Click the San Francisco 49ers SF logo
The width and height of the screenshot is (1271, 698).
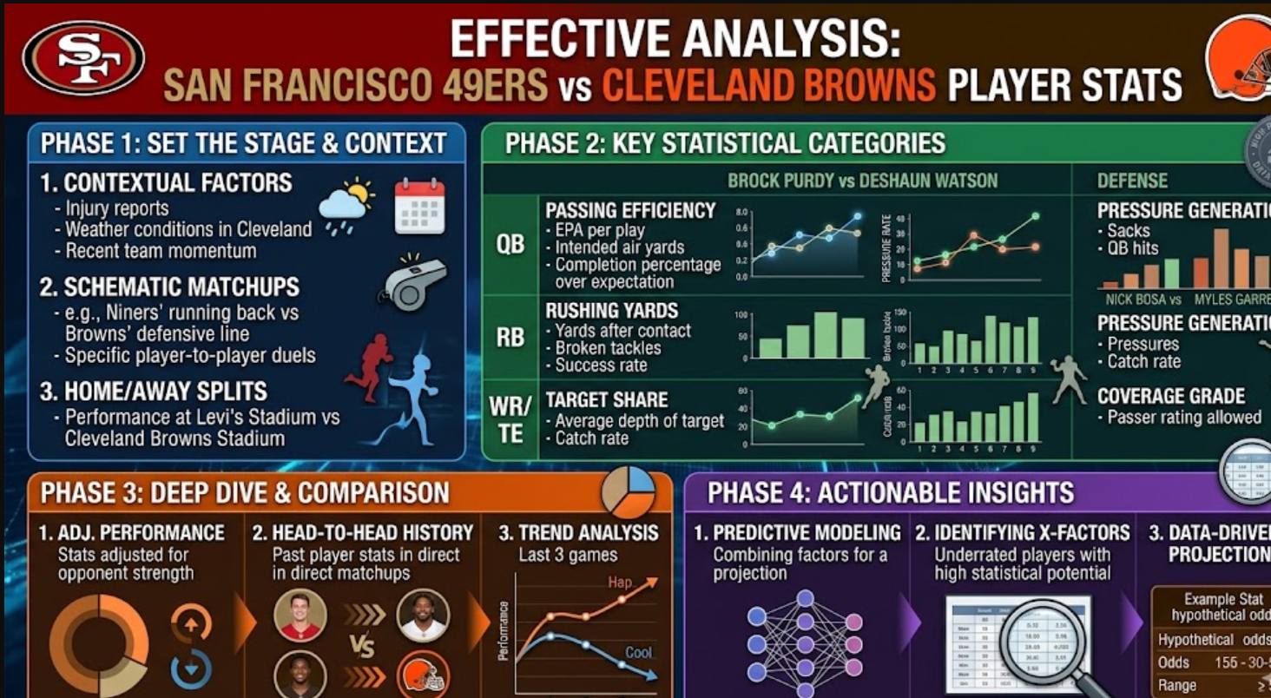tap(84, 58)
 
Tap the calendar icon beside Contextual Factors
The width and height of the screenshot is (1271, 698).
tap(419, 207)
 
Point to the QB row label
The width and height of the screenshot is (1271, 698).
tap(510, 245)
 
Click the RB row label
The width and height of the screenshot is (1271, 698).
tap(510, 337)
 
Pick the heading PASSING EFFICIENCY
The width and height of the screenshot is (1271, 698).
tap(630, 210)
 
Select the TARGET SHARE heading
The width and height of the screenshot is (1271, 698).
tap(606, 399)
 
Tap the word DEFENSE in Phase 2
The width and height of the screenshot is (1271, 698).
tap(1132, 181)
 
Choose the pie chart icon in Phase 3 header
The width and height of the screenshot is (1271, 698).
tap(629, 491)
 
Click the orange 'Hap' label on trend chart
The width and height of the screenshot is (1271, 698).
tap(620, 582)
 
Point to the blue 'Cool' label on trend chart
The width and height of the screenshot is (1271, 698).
tap(639, 653)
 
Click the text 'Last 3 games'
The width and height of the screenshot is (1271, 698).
tap(568, 555)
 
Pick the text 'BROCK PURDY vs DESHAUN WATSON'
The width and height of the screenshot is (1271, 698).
tap(862, 181)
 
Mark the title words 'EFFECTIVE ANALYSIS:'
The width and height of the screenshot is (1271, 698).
tap(675, 39)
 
